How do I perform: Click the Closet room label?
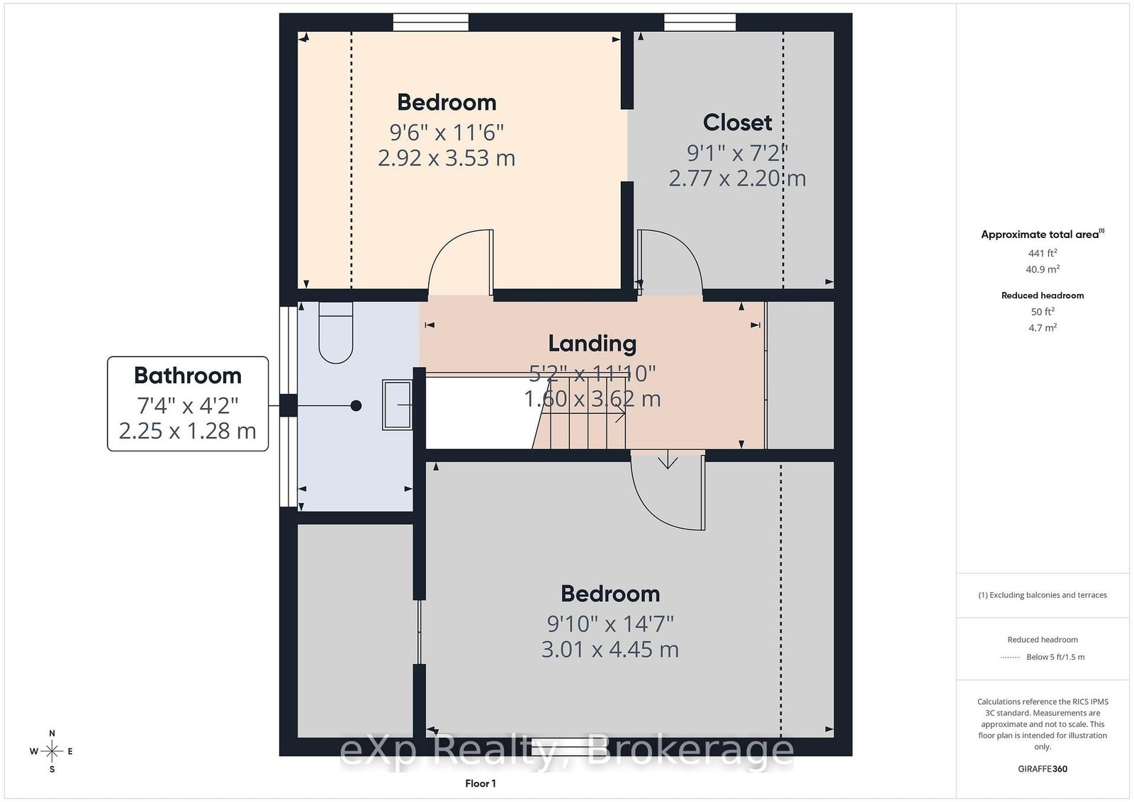click(737, 123)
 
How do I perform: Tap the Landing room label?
click(593, 344)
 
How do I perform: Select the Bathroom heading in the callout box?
click(188, 375)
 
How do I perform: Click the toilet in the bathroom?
click(336, 333)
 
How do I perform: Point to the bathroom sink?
click(397, 405)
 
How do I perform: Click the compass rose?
click(52, 752)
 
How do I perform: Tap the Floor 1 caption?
click(481, 784)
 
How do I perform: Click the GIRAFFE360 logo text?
click(1043, 769)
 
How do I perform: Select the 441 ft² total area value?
click(1043, 252)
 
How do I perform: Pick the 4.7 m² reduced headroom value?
click(1043, 327)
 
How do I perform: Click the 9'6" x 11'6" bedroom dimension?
click(447, 132)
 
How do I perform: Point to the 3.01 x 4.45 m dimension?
click(610, 649)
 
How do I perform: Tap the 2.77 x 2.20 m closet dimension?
click(737, 178)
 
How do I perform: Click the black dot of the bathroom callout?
click(356, 405)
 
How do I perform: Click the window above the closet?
click(700, 22)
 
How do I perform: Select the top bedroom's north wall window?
click(431, 22)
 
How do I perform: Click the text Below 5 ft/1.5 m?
click(1055, 657)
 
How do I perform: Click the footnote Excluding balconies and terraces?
click(1043, 595)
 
